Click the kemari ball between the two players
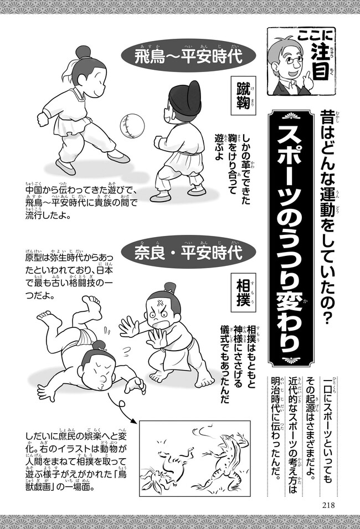coord(132,126)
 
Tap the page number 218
coord(328,505)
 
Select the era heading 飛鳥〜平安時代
coord(189,57)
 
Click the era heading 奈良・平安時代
coord(189,253)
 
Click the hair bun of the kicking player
coord(83,53)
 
